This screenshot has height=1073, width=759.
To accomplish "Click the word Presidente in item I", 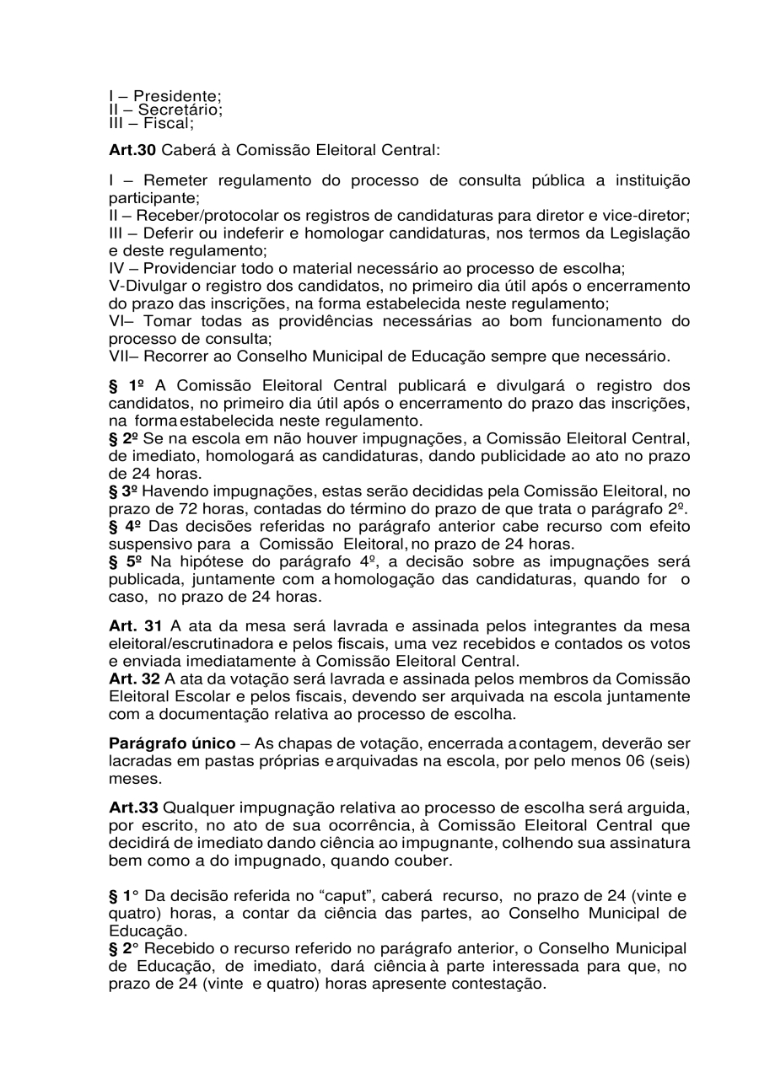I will coord(173,95).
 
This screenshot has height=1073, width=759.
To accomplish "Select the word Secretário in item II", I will coord(180,109).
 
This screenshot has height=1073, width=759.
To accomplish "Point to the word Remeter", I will coord(176,180).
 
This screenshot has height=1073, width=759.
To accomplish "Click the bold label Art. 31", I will coord(135,625).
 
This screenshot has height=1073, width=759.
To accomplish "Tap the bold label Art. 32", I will coord(135,679).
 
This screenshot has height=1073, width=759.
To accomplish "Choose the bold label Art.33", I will coord(133,809).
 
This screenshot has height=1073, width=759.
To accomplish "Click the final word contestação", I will coord(496,984).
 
